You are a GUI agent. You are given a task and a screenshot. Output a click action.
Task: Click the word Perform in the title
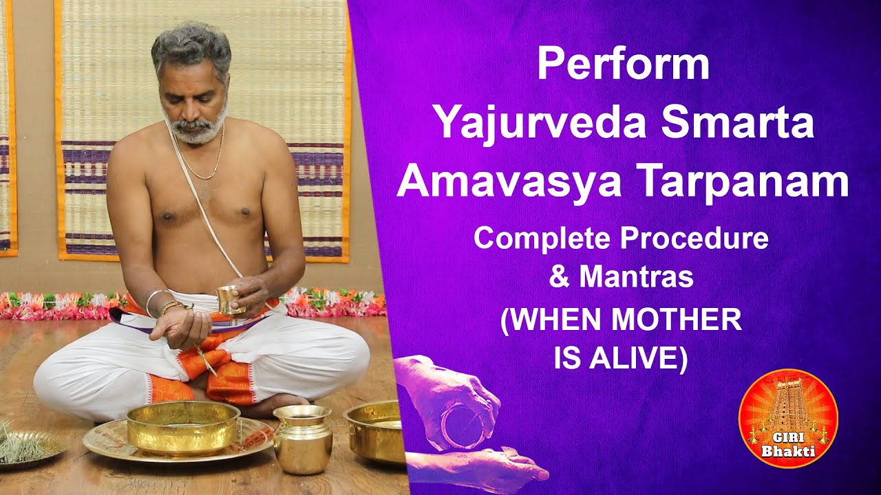click(x=623, y=65)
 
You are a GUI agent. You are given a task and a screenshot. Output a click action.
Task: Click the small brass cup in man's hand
click(x=229, y=300)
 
